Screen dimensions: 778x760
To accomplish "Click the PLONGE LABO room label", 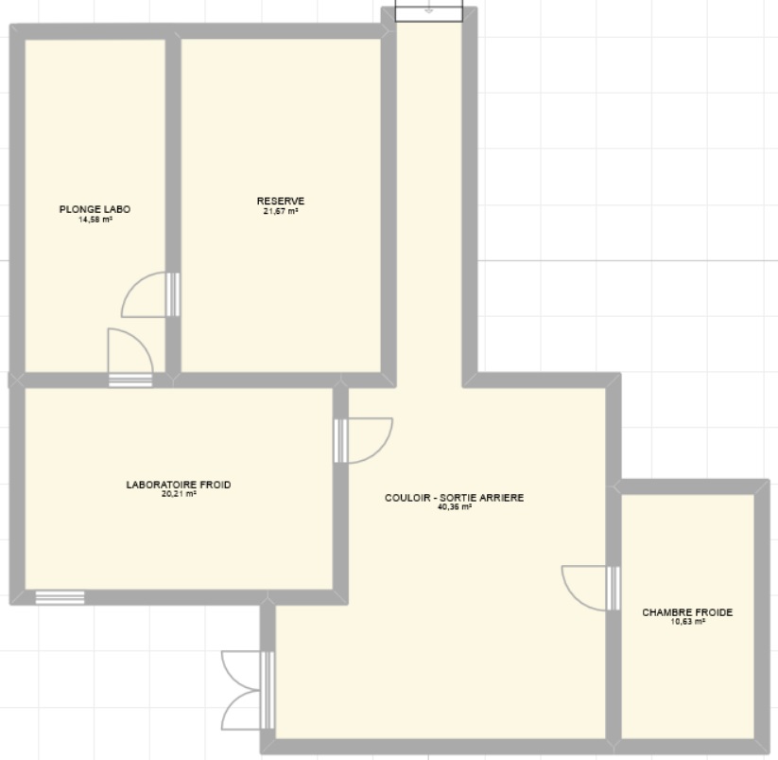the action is [x=95, y=209].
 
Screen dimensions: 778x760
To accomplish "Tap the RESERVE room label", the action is [x=281, y=202].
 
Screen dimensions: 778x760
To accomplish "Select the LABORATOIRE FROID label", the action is [x=179, y=485].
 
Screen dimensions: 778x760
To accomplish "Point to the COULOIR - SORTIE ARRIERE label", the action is [x=455, y=498].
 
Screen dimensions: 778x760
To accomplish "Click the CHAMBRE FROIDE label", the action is [x=687, y=612].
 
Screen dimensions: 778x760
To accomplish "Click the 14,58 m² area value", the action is [x=95, y=219].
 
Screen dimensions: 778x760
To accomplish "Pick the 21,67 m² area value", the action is [x=281, y=211].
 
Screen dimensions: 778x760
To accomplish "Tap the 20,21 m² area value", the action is [x=179, y=494].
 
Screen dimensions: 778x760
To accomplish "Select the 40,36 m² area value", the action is [x=455, y=507].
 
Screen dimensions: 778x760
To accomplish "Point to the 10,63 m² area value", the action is [x=687, y=622].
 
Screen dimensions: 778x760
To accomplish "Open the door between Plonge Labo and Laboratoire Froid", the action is [x=130, y=358].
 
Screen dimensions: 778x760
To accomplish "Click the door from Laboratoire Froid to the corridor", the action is [x=364, y=441].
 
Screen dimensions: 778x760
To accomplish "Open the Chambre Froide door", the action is [x=591, y=588].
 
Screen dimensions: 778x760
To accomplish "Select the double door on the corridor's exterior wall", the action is [x=248, y=691].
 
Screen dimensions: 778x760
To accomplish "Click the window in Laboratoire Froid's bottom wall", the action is [x=61, y=597].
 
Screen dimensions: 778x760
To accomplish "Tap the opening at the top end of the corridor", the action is [x=428, y=12].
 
